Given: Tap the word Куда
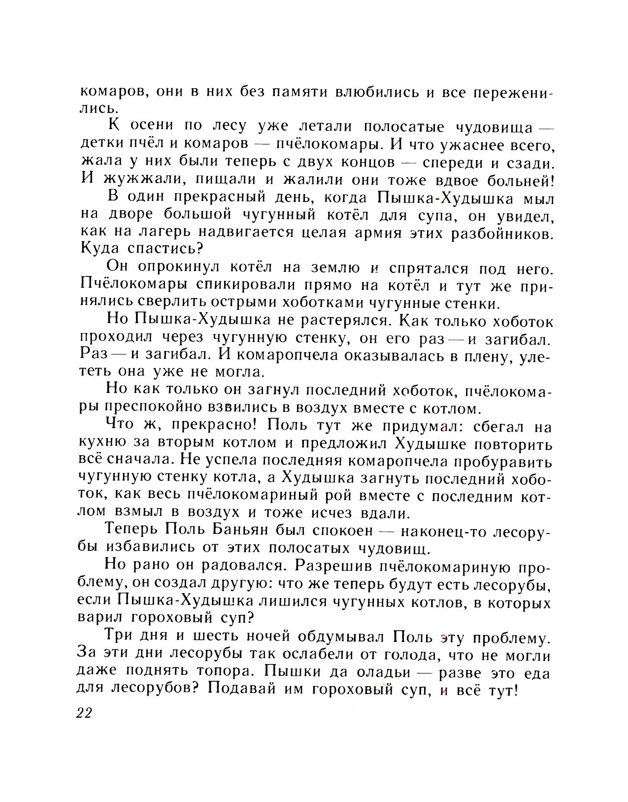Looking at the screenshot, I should pos(99,251).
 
